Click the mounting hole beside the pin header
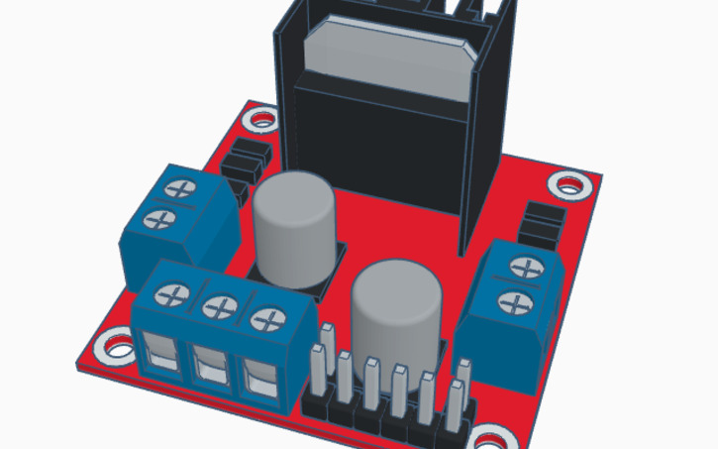tap(492, 437)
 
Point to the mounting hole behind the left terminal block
tap(262, 121)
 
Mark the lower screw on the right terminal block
tap(514, 299)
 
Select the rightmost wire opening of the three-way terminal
tap(256, 379)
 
